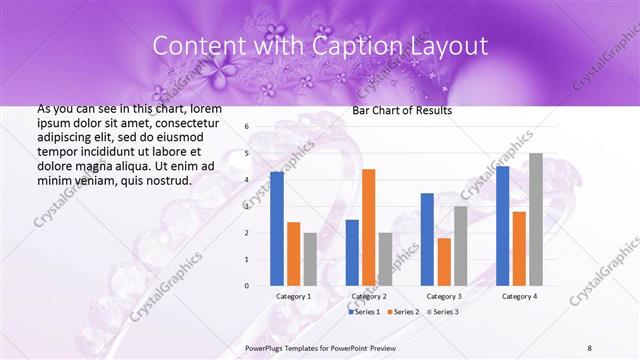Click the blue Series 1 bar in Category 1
pos(276,229)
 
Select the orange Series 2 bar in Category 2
pos(368,227)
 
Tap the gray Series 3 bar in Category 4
pos(535,219)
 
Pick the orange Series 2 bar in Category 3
pos(443,261)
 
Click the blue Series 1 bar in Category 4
pos(502,226)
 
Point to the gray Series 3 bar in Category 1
pos(310,259)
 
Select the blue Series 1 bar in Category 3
pos(427,239)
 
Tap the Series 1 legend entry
pos(365,312)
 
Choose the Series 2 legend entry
pos(403,312)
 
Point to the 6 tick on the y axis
pos(246,127)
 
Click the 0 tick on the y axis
pos(246,285)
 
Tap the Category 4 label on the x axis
pos(518,297)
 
